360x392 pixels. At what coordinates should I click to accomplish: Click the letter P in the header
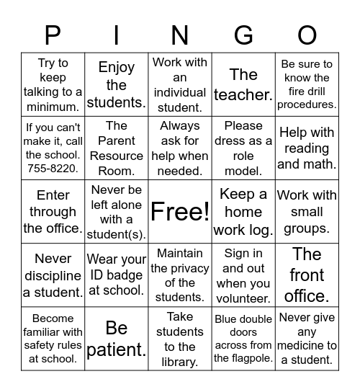pyautogui.click(x=53, y=35)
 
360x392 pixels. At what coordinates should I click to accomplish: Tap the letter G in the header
pyautogui.click(x=243, y=35)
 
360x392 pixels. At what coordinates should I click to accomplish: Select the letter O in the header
pyautogui.click(x=307, y=35)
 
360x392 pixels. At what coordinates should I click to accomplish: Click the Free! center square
pyautogui.click(x=180, y=212)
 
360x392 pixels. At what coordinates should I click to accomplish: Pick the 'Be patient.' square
pyautogui.click(x=117, y=339)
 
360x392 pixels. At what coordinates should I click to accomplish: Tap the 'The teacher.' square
pyautogui.click(x=243, y=84)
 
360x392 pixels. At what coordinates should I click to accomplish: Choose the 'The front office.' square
pyautogui.click(x=307, y=275)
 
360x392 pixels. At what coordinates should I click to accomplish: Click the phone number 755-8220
pyautogui.click(x=53, y=170)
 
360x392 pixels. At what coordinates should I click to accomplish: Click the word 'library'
pyautogui.click(x=180, y=362)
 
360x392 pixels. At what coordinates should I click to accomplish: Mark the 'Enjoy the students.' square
pyautogui.click(x=117, y=84)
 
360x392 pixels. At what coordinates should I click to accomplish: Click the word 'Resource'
pyautogui.click(x=117, y=156)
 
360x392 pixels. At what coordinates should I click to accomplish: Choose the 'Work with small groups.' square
pyautogui.click(x=307, y=212)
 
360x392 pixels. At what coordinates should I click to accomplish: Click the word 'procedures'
pyautogui.click(x=307, y=104)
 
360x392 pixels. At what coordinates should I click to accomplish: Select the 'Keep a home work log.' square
pyautogui.click(x=243, y=212)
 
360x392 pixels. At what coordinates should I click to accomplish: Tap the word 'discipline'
pyautogui.click(x=53, y=275)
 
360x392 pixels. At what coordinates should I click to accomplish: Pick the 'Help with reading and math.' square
pyautogui.click(x=307, y=148)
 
